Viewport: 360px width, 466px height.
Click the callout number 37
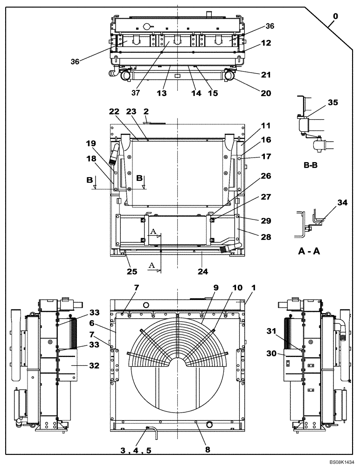coord(135,93)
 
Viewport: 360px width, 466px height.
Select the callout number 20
coord(265,93)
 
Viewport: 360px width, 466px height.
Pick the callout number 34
coord(343,203)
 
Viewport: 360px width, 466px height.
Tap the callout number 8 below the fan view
coord(208,450)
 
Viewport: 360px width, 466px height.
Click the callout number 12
coord(265,43)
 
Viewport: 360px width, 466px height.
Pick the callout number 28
coord(265,238)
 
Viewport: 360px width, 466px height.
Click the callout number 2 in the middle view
coord(146,112)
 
